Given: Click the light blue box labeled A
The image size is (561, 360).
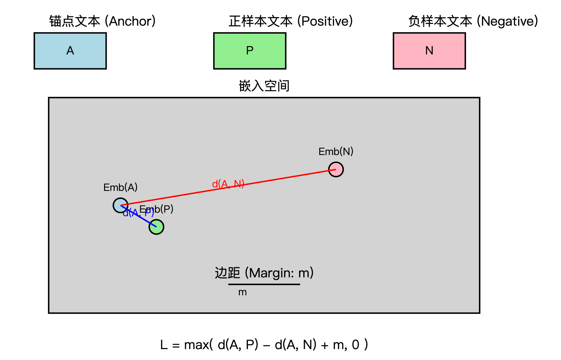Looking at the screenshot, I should click(x=70, y=51).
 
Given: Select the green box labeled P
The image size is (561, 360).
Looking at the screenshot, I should click(x=250, y=51).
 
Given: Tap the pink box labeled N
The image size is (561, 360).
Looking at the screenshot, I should click(x=429, y=51).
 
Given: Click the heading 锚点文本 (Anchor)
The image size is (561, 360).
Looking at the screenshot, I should click(x=102, y=21).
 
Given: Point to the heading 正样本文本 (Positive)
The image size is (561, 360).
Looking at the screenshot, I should click(x=290, y=21).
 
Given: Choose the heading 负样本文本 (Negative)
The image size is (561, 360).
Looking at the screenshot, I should click(x=473, y=21).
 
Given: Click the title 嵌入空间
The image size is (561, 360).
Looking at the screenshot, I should click(x=264, y=86).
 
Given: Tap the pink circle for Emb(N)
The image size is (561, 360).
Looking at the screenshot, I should click(x=336, y=169).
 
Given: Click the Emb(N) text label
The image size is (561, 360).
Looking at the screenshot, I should click(x=336, y=151).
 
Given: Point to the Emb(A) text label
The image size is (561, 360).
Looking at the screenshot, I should click(x=120, y=187).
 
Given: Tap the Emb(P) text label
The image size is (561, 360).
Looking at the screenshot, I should click(x=160, y=209).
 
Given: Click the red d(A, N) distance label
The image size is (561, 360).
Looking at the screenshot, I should click(x=228, y=184).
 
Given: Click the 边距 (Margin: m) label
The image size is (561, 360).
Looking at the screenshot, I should click(x=264, y=273).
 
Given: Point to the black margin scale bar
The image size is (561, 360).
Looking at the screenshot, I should click(x=264, y=284).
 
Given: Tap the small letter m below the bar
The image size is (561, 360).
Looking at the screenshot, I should click(x=242, y=292).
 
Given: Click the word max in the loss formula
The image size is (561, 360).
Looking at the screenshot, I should click(x=197, y=345).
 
